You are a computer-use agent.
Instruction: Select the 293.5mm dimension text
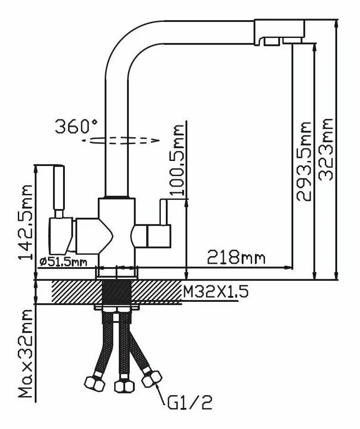pos(304,161)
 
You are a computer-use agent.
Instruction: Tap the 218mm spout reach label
pos(236,257)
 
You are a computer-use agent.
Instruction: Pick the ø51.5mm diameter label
pos(63,262)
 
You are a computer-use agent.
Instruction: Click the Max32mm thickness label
pos(26,355)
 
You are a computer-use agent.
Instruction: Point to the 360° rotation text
pos(76,126)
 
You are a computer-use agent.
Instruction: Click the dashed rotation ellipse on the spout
pos(123,140)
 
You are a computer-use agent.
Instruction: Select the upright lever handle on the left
pos(59,188)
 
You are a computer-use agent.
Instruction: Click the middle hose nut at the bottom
pos(122,386)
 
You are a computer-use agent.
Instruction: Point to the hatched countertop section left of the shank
pos(75,291)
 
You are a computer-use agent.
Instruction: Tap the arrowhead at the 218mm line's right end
pos(288,267)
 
